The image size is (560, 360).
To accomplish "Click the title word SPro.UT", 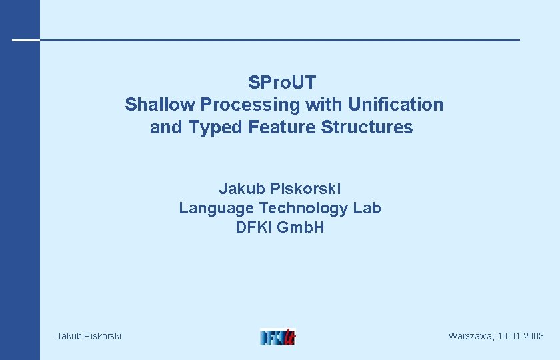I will [x=281, y=83].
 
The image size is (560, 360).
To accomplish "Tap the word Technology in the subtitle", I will [x=303, y=208].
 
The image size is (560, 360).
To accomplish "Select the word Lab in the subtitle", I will [x=367, y=208].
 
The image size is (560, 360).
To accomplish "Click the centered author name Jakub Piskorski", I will [x=280, y=189].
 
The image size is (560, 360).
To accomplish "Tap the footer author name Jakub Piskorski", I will [x=89, y=336].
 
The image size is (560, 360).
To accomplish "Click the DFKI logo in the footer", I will [x=277, y=336].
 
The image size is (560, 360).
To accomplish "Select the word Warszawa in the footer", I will [x=471, y=336].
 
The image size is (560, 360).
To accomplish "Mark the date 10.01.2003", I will [x=521, y=336].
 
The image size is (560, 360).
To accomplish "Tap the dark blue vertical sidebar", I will [x=20, y=200].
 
